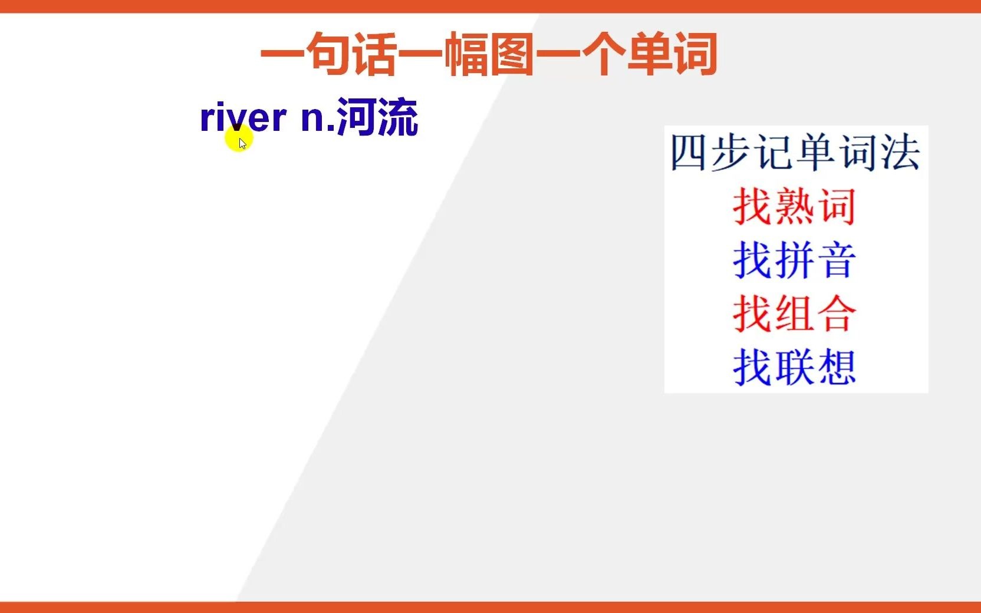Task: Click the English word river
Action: pyautogui.click(x=243, y=116)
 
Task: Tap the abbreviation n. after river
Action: pyautogui.click(x=318, y=119)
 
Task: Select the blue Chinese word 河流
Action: pyautogui.click(x=377, y=117)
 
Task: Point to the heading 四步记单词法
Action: pyautogui.click(x=795, y=153)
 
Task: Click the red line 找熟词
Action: pyautogui.click(x=795, y=206)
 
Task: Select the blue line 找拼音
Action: pyautogui.click(x=795, y=260)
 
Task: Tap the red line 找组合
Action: pyautogui.click(x=795, y=314)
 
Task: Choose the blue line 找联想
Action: pyautogui.click(x=795, y=367)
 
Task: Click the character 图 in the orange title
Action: pyautogui.click(x=512, y=54)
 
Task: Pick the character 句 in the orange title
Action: pyautogui.click(x=330, y=54)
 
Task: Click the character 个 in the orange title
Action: pyautogui.click(x=604, y=54)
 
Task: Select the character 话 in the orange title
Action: pyautogui.click(x=376, y=54)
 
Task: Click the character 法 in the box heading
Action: pyautogui.click(x=900, y=153)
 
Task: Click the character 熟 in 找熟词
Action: pyautogui.click(x=795, y=206)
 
